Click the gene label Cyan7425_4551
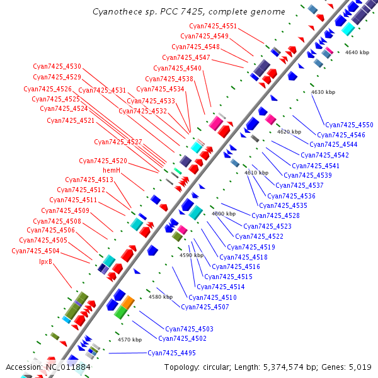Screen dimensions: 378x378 pyautogui.click(x=213, y=26)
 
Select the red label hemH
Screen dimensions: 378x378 pyautogui.click(x=112, y=170)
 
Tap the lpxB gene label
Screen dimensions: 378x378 pyautogui.click(x=45, y=261)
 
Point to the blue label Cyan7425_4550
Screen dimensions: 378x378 pyautogui.click(x=349, y=125)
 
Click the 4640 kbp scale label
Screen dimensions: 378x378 pyautogui.click(x=357, y=52)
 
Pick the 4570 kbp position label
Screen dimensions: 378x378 pyautogui.click(x=130, y=340)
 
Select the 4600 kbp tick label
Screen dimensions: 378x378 pyautogui.click(x=224, y=214)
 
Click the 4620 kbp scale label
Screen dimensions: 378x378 pyautogui.click(x=289, y=132)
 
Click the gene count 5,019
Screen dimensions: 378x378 pyautogui.click(x=359, y=367)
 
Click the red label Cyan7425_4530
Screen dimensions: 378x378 pyautogui.click(x=57, y=66)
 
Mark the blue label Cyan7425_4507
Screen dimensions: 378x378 pyautogui.click(x=205, y=307)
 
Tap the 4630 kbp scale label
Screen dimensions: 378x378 pyautogui.click(x=323, y=92)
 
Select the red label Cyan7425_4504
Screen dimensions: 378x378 pyautogui.click(x=35, y=251)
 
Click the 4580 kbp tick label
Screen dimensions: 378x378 pyautogui.click(x=161, y=297)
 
